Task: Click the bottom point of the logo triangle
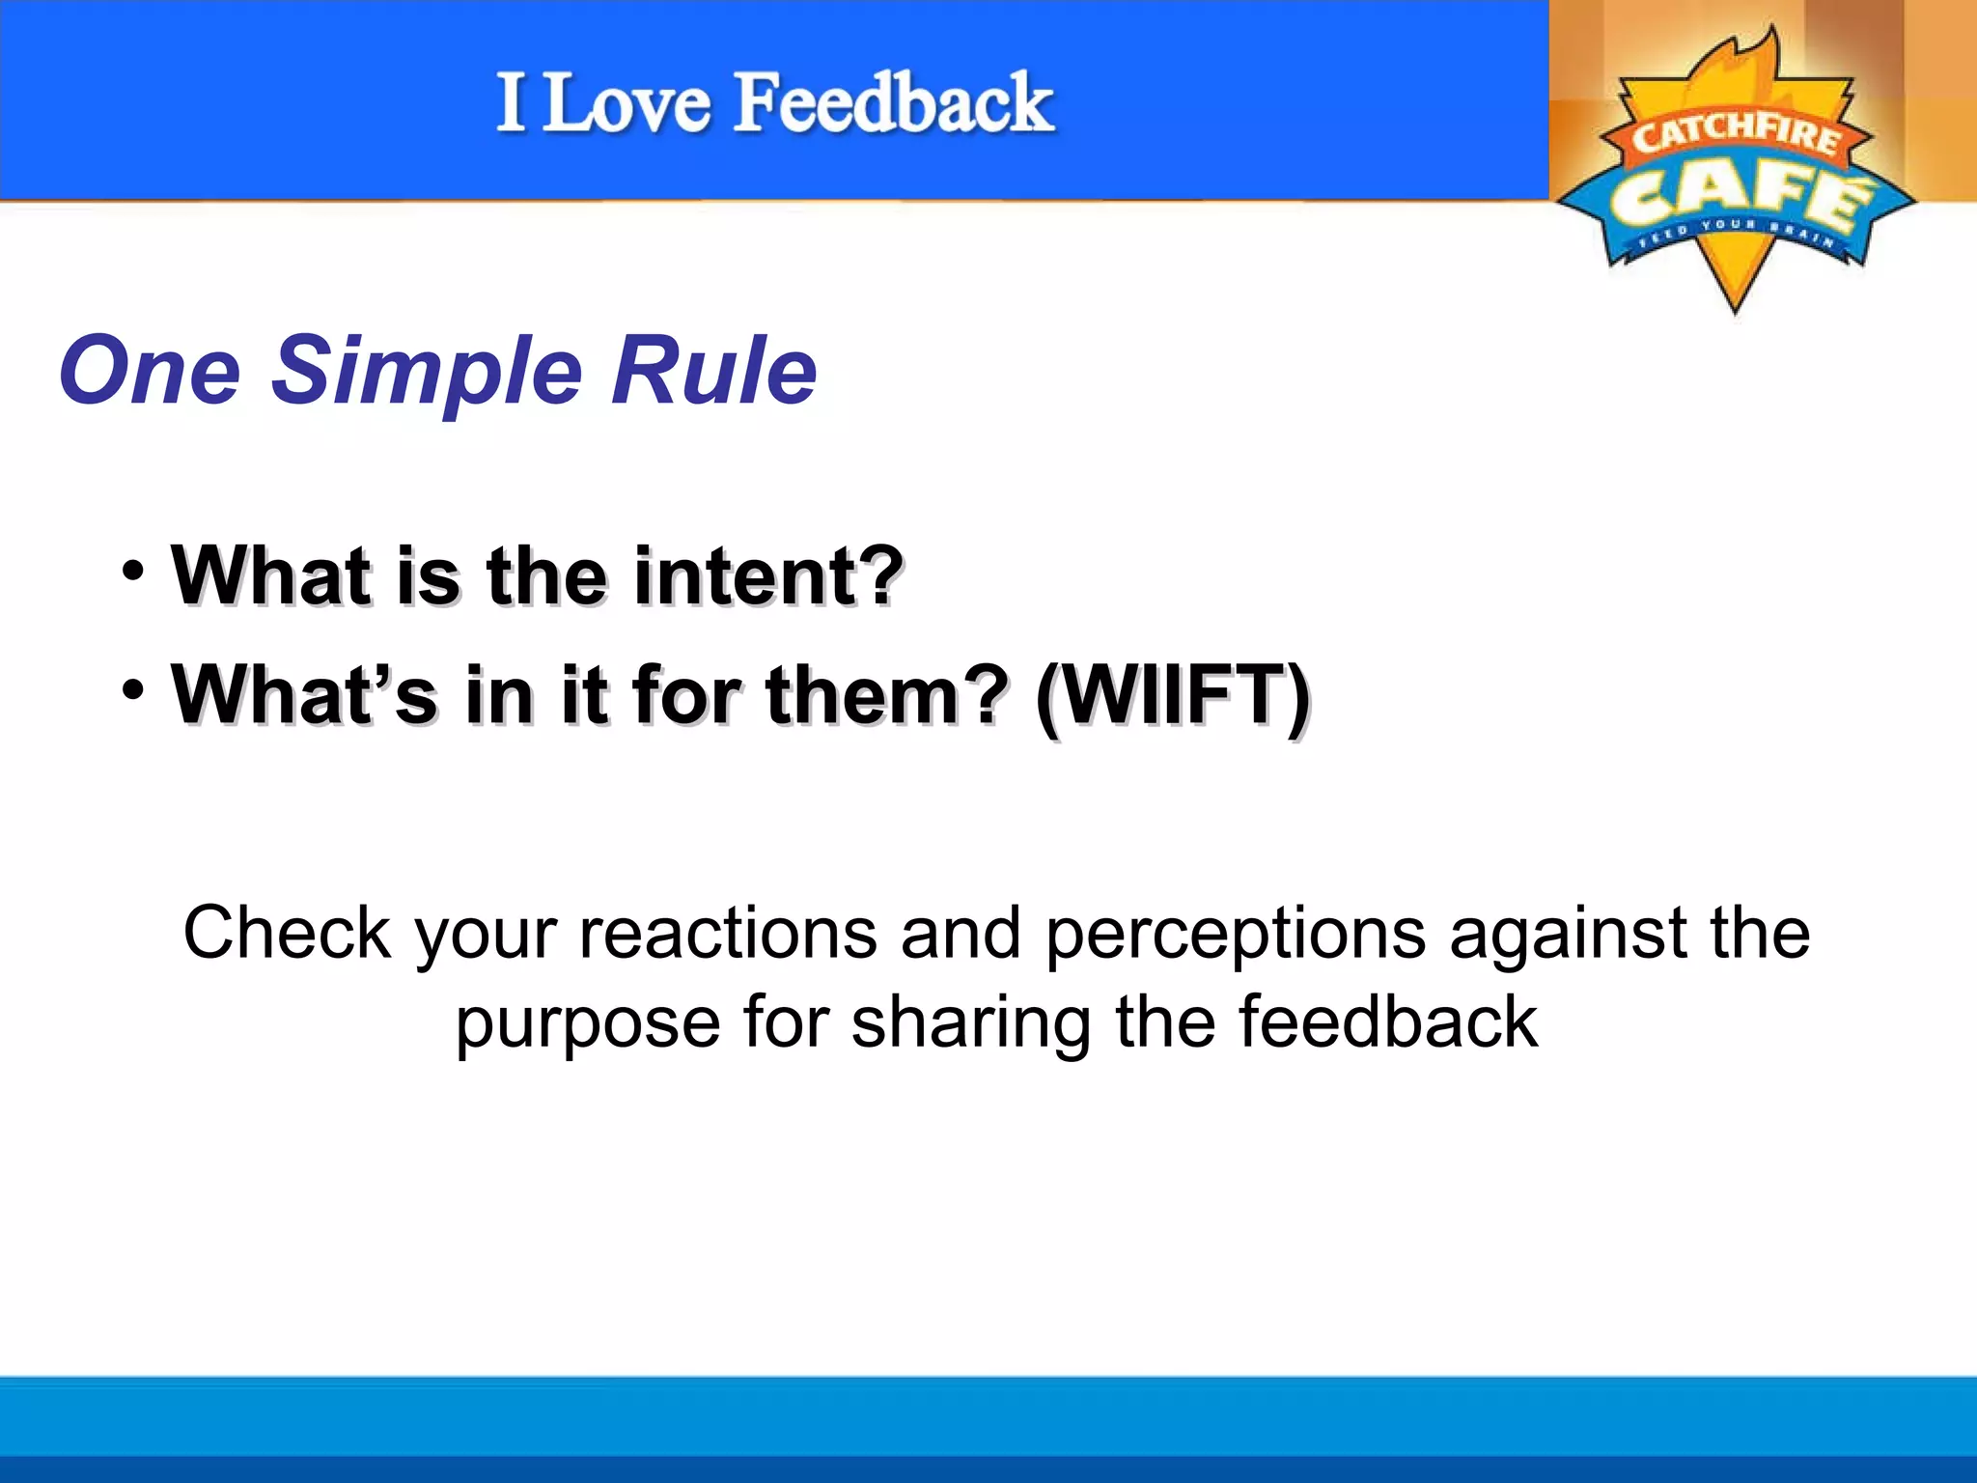1735,307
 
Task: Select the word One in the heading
150,370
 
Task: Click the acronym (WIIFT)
1172,695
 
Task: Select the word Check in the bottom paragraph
287,933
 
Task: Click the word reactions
728,933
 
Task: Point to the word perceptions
1235,935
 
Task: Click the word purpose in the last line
588,1023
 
